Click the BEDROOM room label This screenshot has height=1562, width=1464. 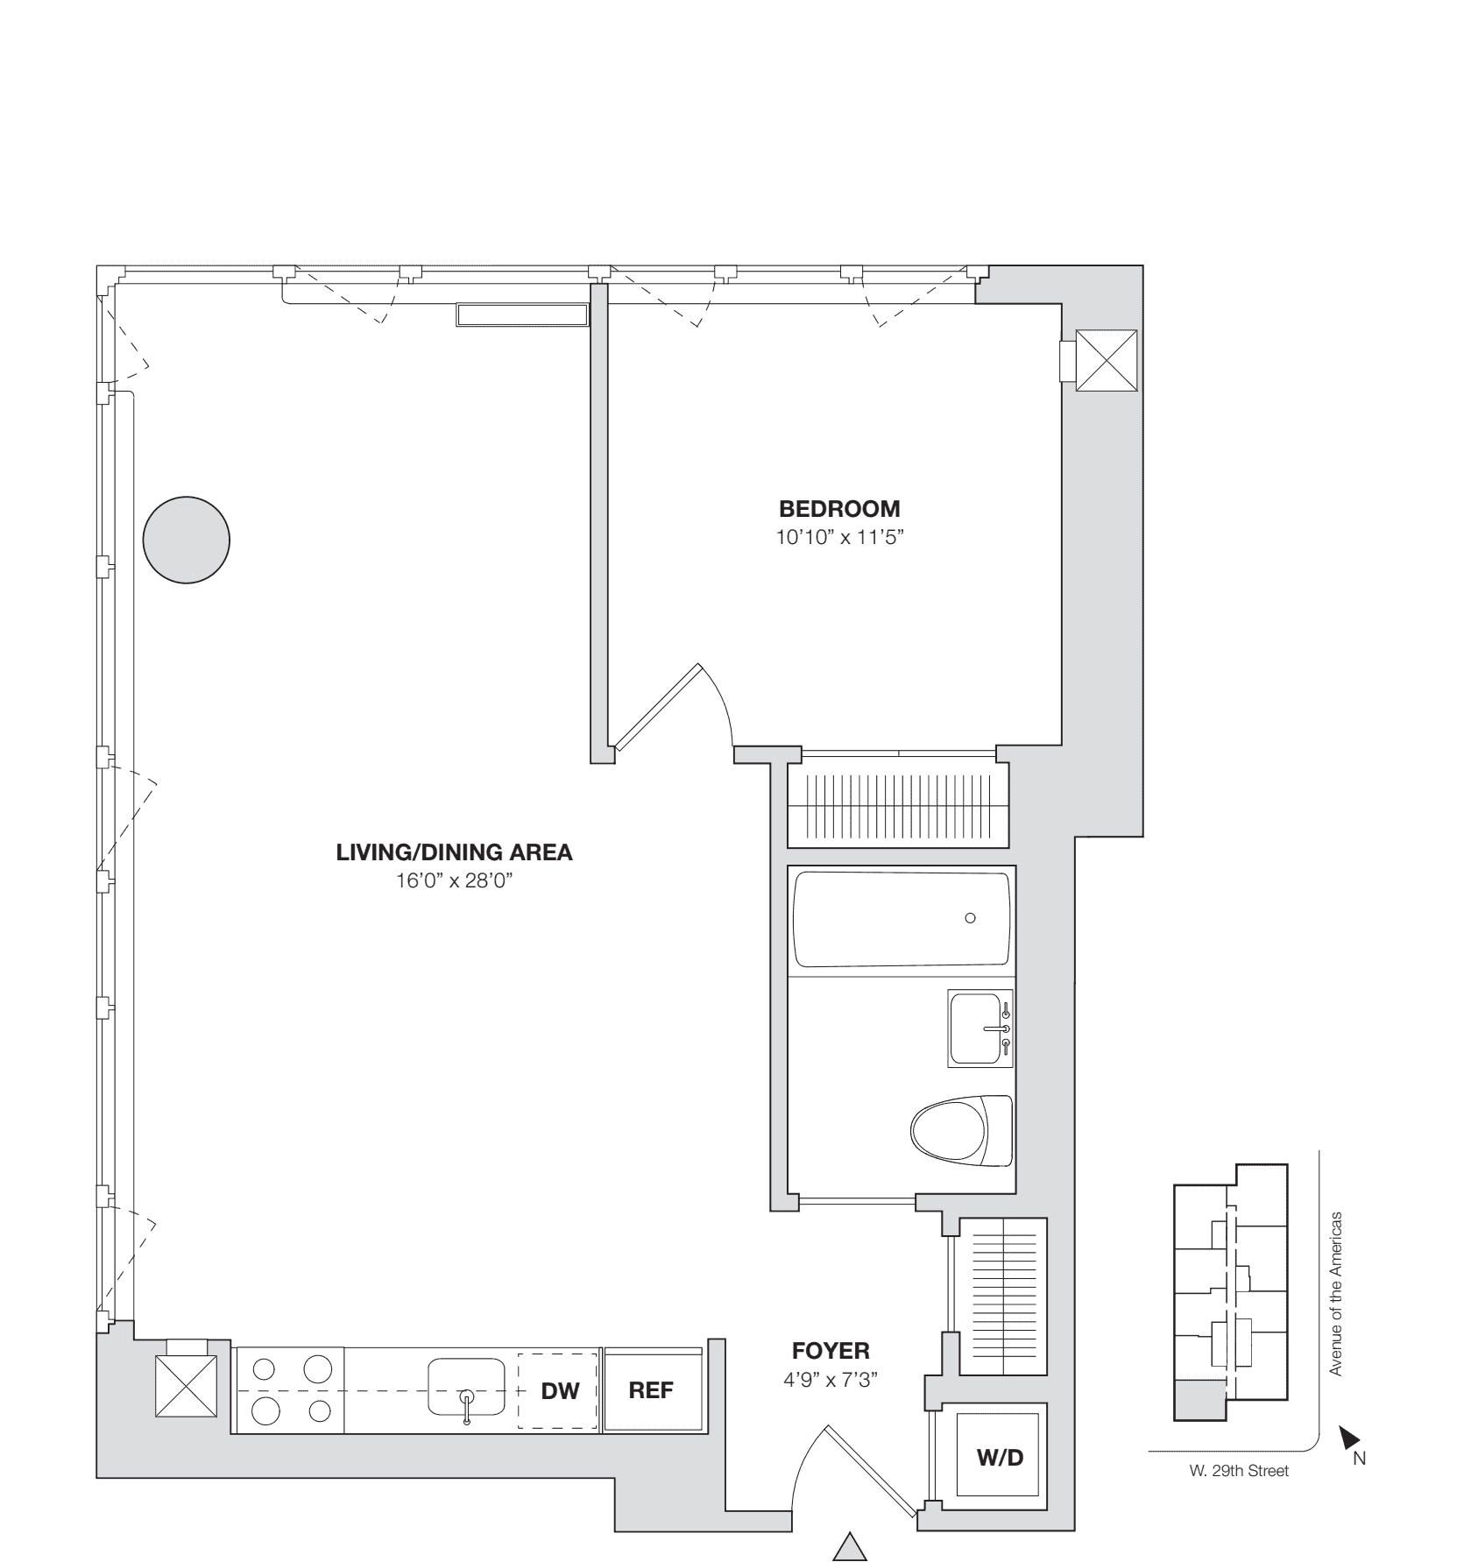[x=839, y=509]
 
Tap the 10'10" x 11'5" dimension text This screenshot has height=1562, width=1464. [x=839, y=537]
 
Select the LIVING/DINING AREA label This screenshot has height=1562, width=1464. [x=454, y=852]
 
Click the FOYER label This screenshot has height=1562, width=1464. [x=831, y=1350]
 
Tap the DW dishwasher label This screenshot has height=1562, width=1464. [x=560, y=1390]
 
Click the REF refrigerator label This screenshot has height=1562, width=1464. [x=651, y=1390]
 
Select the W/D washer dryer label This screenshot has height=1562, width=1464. [x=1000, y=1458]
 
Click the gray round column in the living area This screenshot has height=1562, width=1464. [x=187, y=539]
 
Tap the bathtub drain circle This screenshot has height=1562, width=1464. [x=970, y=918]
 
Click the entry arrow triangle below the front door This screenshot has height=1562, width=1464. [x=849, y=1546]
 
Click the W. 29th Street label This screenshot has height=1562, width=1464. [x=1233, y=1471]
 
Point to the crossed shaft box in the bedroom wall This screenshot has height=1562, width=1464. [x=1106, y=361]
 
